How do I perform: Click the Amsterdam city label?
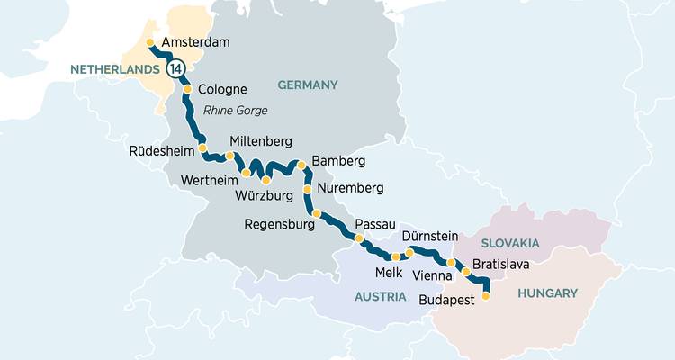click(x=196, y=42)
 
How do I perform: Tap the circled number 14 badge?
click(x=175, y=68)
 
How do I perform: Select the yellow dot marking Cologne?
click(x=187, y=90)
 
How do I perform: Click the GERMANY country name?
click(x=307, y=85)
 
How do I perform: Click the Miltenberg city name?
click(x=261, y=142)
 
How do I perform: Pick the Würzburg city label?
click(x=265, y=194)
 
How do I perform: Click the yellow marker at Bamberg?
click(x=301, y=165)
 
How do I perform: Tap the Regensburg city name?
click(x=280, y=224)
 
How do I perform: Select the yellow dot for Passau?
click(x=359, y=238)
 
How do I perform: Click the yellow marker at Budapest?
click(x=486, y=295)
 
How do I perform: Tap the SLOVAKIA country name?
click(x=510, y=243)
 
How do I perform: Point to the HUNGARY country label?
click(x=546, y=292)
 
